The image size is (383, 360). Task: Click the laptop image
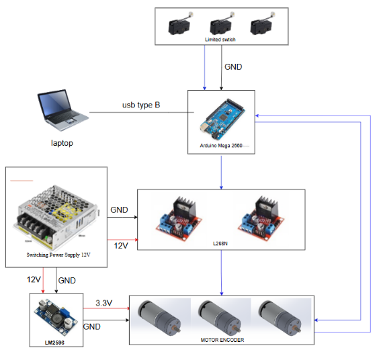coord(62,110)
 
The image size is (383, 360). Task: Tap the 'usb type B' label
coord(141,105)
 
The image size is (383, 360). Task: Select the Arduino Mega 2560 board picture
coord(222,119)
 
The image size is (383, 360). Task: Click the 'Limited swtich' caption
coord(220,40)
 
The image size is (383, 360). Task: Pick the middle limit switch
coord(222,24)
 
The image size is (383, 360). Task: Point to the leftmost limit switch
coord(180,24)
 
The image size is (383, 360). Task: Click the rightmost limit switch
coord(262,24)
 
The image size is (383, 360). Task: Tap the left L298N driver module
coord(179,218)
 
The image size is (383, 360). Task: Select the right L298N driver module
coord(261,218)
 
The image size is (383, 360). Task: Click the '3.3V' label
coord(103,303)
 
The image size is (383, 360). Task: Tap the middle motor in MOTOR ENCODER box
coord(219,318)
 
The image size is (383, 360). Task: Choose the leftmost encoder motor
coord(159,318)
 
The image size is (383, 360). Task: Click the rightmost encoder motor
coord(280,318)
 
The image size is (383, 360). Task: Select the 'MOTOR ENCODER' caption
coord(222,340)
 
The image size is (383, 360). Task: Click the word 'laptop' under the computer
coord(62,143)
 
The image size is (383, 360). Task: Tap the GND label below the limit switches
coord(233,67)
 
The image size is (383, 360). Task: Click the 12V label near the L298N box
coord(121,246)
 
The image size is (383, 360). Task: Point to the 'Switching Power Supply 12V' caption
coord(58,255)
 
